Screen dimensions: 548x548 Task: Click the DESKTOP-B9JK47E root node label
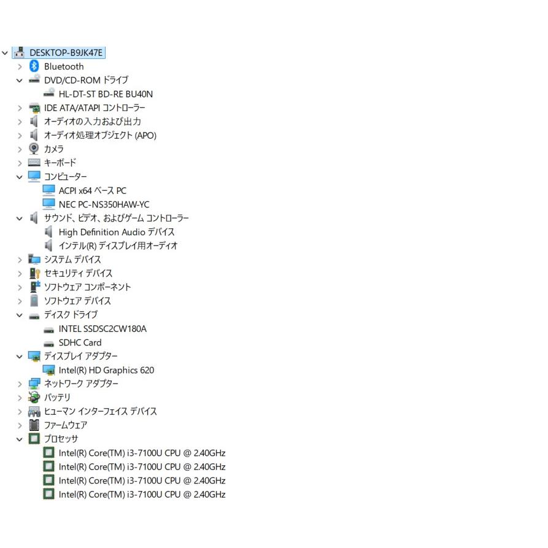[x=66, y=53]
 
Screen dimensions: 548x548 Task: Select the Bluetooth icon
[x=34, y=66]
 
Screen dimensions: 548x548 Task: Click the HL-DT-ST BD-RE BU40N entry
[x=106, y=94]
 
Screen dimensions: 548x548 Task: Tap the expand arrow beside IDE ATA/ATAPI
[x=20, y=109]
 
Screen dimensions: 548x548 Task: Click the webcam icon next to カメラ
[x=34, y=149]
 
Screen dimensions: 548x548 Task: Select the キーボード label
[x=60, y=163]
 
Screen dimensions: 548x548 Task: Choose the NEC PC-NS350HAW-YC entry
[x=104, y=204]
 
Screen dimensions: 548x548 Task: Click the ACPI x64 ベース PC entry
[x=92, y=191]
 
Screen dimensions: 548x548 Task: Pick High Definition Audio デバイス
[x=117, y=232]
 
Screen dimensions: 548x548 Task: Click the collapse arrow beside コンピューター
[x=20, y=177]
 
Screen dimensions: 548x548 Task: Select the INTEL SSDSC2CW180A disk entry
[x=102, y=329]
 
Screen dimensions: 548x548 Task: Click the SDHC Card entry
[x=80, y=342]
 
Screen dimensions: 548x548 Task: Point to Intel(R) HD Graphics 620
[x=106, y=370]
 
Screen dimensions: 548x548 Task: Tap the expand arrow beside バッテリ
[x=20, y=398]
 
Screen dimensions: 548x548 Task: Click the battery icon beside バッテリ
[x=34, y=397]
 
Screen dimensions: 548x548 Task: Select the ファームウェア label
[x=65, y=425]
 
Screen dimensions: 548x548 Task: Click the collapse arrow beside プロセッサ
[x=20, y=439]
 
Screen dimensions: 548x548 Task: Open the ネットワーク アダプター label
[x=81, y=384]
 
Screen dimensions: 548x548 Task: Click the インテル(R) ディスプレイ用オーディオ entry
[x=118, y=246]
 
